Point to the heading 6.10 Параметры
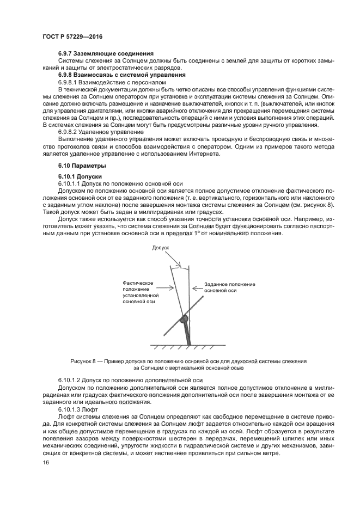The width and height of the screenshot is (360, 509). [82, 165]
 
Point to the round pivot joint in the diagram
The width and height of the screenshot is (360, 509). [184, 318]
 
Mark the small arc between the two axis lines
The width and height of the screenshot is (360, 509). [181, 266]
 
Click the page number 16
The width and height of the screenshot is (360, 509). [46, 463]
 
